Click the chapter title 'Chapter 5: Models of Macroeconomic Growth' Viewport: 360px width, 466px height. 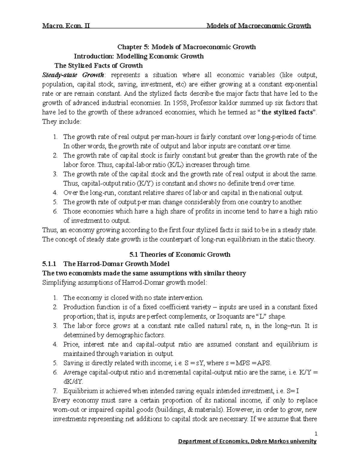186,47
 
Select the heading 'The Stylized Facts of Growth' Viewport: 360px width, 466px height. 98,65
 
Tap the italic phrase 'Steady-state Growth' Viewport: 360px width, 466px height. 73,75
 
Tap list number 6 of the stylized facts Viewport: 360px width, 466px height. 55,211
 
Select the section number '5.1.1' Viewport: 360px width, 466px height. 49,264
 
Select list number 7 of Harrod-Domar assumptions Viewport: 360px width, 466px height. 55,391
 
